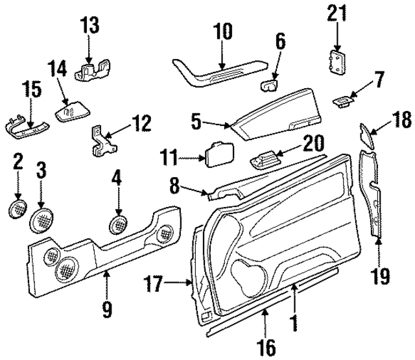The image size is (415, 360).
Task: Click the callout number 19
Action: click(x=381, y=276)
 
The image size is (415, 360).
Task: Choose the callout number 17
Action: click(x=154, y=283)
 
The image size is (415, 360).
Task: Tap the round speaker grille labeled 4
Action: click(x=119, y=224)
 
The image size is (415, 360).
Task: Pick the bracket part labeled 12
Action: click(x=101, y=141)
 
